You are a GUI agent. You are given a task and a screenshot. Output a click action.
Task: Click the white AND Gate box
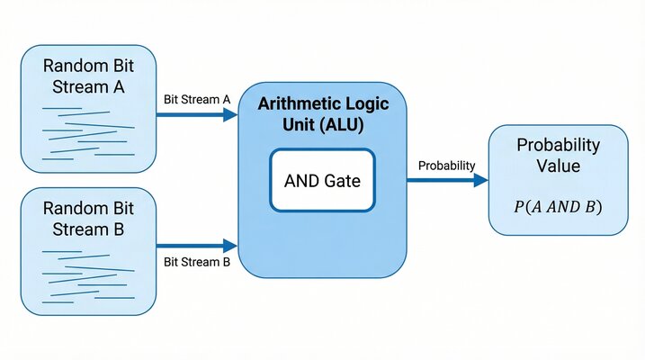[x=322, y=180]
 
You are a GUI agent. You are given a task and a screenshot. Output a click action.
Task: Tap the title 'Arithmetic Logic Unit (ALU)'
[x=321, y=114]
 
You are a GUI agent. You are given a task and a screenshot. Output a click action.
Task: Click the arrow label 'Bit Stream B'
[x=197, y=262]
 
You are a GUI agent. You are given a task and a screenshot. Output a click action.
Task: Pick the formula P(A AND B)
[x=558, y=206]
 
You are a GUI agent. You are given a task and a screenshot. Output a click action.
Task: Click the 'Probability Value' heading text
[x=558, y=155]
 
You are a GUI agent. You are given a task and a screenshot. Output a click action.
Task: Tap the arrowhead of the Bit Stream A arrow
[x=231, y=114]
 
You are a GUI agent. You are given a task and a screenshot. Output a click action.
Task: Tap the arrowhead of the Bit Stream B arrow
[x=231, y=244]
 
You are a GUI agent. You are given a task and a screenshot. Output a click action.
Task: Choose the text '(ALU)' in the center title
[x=345, y=125]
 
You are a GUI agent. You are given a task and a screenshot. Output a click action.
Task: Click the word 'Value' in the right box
[x=558, y=166]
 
